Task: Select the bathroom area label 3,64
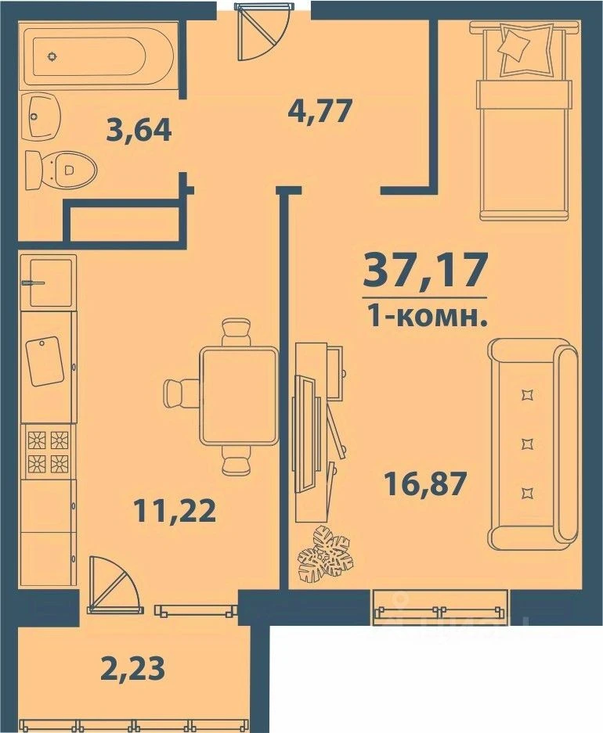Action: pyautogui.click(x=138, y=128)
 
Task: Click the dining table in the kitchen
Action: pyautogui.click(x=239, y=396)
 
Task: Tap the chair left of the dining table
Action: pyautogui.click(x=182, y=391)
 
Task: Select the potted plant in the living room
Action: pyautogui.click(x=327, y=552)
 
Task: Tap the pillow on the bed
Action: pyautogui.click(x=519, y=42)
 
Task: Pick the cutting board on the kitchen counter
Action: pyautogui.click(x=44, y=361)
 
